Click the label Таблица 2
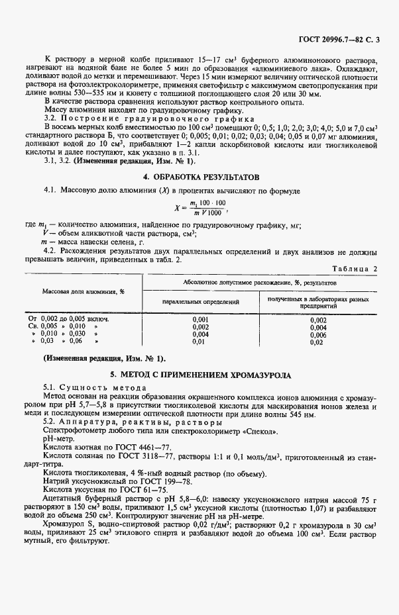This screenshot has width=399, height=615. tap(356, 269)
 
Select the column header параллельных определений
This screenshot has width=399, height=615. tap(201, 301)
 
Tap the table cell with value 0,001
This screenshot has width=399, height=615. tap(200, 319)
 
